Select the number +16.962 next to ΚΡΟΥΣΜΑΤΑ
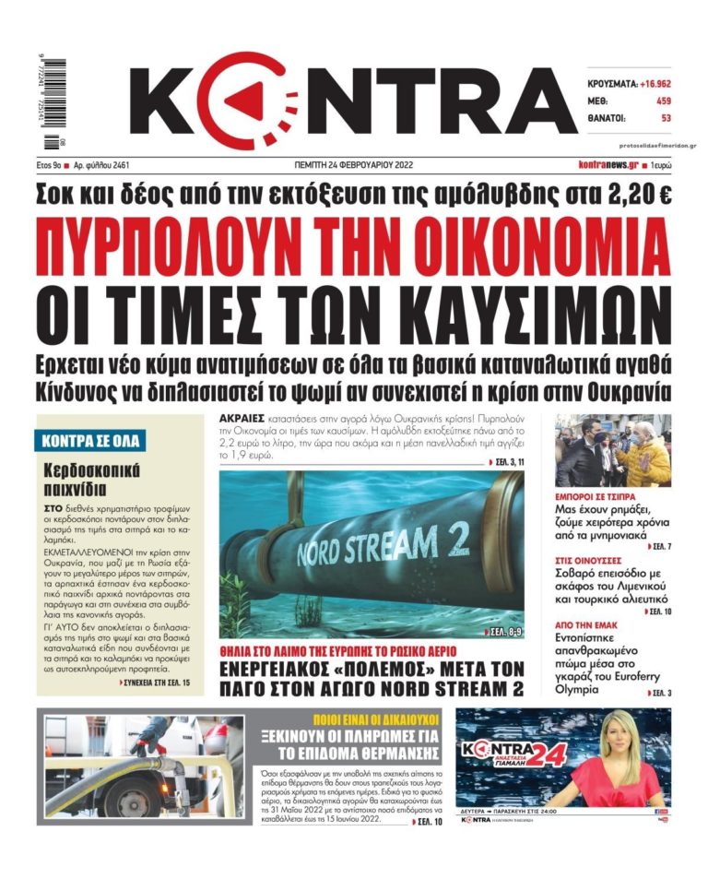(646, 83)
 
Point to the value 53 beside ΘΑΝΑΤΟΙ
(665, 118)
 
